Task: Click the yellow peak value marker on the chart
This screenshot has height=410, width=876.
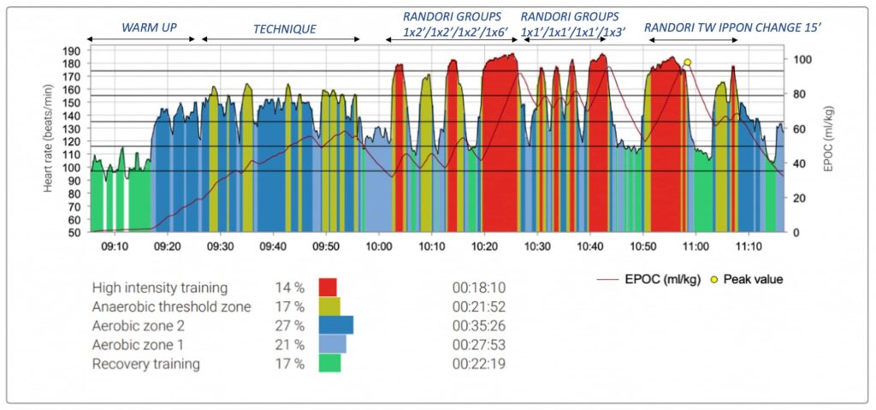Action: click(687, 62)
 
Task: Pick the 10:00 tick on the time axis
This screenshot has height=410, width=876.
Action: click(378, 246)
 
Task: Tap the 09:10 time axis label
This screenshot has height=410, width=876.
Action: click(114, 246)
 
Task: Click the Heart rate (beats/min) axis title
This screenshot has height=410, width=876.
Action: click(50, 142)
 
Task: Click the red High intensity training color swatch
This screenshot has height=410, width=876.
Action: click(328, 287)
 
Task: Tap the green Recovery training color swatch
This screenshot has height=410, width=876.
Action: click(329, 364)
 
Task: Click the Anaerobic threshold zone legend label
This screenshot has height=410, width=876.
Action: click(171, 306)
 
